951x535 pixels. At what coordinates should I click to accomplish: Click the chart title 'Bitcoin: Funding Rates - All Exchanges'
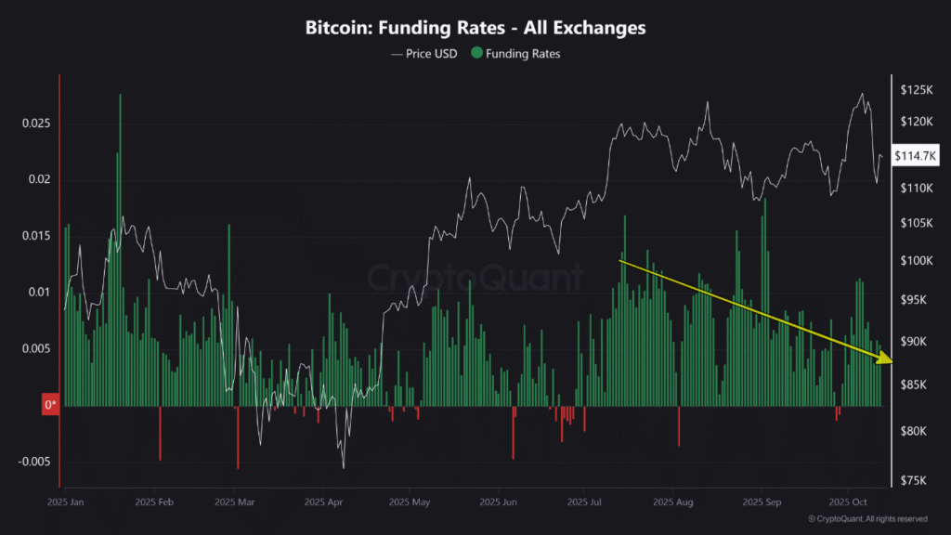tap(475, 28)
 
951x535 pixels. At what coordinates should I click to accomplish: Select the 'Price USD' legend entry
tap(424, 54)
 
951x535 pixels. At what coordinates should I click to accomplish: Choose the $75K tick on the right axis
tap(917, 480)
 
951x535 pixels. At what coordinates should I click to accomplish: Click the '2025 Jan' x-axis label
tap(66, 502)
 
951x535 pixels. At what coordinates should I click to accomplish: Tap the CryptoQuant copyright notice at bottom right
tap(867, 519)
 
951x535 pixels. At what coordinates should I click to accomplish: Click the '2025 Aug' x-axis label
tap(673, 502)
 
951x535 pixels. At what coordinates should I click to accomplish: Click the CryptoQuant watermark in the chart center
tap(475, 277)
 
